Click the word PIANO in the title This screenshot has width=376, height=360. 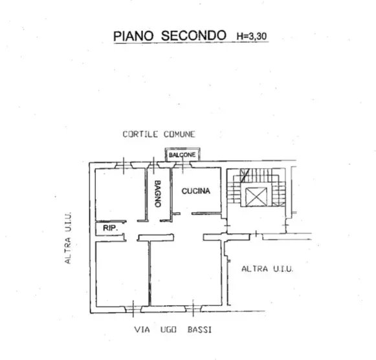(x=133, y=36)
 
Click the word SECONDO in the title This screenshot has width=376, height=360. (x=194, y=36)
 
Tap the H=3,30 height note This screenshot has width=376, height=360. (x=252, y=36)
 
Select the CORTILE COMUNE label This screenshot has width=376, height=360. (x=159, y=134)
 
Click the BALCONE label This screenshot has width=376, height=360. (x=182, y=154)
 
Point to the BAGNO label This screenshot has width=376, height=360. (x=157, y=193)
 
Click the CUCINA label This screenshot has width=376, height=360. (x=196, y=191)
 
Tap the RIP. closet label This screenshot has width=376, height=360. (x=110, y=228)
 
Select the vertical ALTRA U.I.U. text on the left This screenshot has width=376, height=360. (x=68, y=238)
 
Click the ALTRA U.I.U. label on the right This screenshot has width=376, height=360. (x=267, y=269)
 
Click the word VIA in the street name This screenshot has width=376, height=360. (x=142, y=330)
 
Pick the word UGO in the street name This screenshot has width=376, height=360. (x=168, y=330)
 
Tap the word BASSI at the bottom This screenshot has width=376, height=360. (x=199, y=330)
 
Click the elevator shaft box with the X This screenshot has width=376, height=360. (x=256, y=197)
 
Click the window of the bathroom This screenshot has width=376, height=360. (x=153, y=165)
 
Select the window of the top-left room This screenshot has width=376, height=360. (x=124, y=165)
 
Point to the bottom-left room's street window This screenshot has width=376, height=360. (x=133, y=309)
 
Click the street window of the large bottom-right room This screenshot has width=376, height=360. (x=193, y=308)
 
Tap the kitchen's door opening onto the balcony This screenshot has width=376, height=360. (x=182, y=165)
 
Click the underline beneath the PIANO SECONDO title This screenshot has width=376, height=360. (x=191, y=43)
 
